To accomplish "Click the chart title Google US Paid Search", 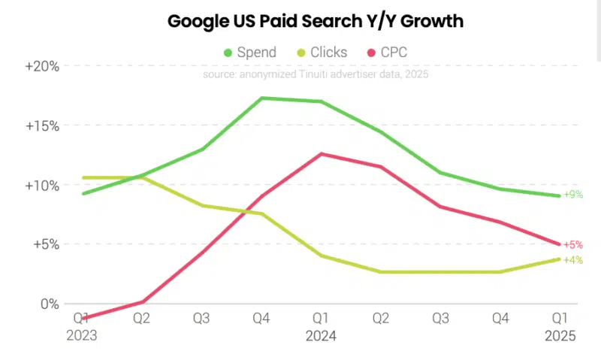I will coord(315,21).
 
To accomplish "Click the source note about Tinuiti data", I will coord(316,74).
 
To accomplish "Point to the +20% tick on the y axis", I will coord(42,66).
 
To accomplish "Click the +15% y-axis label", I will coord(42,126).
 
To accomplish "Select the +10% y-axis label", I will coord(42,185).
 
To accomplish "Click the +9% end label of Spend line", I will coord(572,195).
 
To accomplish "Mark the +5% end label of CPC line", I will coord(572,245).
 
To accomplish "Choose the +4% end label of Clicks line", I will coord(572,260).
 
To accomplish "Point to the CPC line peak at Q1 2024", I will coord(322,153).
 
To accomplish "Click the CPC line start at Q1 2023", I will coord(83,318).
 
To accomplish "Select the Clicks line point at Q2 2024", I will coord(381,272).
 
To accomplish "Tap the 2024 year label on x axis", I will coord(322,336).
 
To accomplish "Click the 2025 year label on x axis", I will coord(560,336).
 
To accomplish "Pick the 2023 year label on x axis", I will coord(83,336).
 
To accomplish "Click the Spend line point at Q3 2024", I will coord(440,173).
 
